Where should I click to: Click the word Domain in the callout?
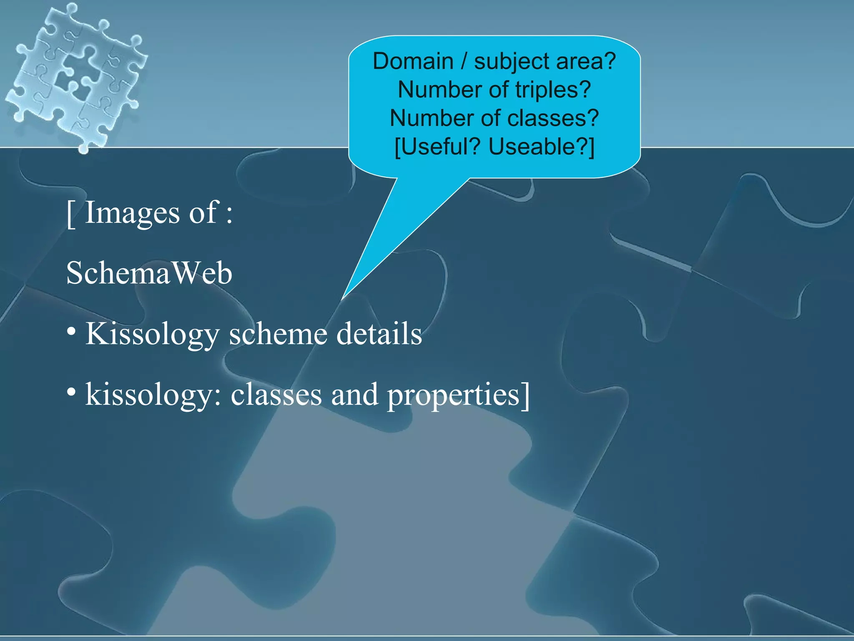pyautogui.click(x=413, y=61)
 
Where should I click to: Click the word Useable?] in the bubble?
pyautogui.click(x=541, y=147)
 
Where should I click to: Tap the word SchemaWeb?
pyautogui.click(x=149, y=273)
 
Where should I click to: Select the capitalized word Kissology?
pyautogui.click(x=152, y=335)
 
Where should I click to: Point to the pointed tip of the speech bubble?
pyautogui.click(x=343, y=298)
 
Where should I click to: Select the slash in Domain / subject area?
pyautogui.click(x=464, y=61)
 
